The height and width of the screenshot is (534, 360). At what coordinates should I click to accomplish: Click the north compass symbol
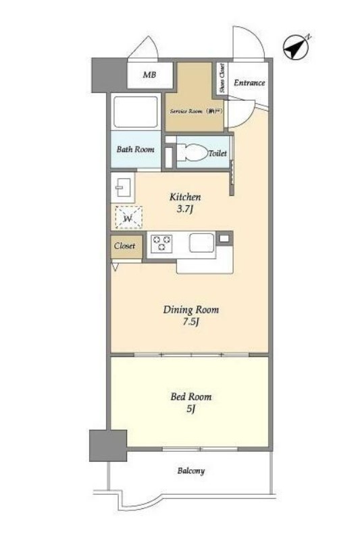[297, 47]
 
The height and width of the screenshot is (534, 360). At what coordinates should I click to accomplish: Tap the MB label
[149, 74]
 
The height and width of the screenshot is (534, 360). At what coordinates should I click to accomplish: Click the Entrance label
[249, 83]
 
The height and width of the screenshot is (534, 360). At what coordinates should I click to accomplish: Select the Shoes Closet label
[222, 78]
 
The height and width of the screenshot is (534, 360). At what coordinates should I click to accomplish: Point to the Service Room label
[196, 111]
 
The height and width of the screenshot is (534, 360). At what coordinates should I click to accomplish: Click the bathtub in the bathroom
[136, 112]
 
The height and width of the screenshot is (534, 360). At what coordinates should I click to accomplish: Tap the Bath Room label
[135, 149]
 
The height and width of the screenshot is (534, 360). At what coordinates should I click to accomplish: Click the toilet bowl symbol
[192, 152]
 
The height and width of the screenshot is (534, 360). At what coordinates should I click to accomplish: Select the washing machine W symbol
[128, 217]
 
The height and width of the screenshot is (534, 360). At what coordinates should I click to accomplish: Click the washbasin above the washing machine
[123, 188]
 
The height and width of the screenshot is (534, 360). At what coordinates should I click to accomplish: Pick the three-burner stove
[161, 244]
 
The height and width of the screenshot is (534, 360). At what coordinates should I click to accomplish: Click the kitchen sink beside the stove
[202, 243]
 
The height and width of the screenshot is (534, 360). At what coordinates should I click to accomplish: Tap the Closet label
[125, 246]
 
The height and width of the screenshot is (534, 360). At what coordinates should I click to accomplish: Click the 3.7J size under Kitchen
[185, 209]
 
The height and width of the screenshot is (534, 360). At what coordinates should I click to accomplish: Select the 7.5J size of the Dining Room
[190, 322]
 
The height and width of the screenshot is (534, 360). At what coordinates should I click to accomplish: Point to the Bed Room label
[191, 397]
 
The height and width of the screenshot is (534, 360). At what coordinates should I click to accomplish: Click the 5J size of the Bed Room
[190, 408]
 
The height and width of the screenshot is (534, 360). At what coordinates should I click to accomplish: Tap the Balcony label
[191, 471]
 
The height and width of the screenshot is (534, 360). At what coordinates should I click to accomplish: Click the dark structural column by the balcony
[108, 446]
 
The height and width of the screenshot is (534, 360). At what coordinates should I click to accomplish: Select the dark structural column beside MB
[109, 75]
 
